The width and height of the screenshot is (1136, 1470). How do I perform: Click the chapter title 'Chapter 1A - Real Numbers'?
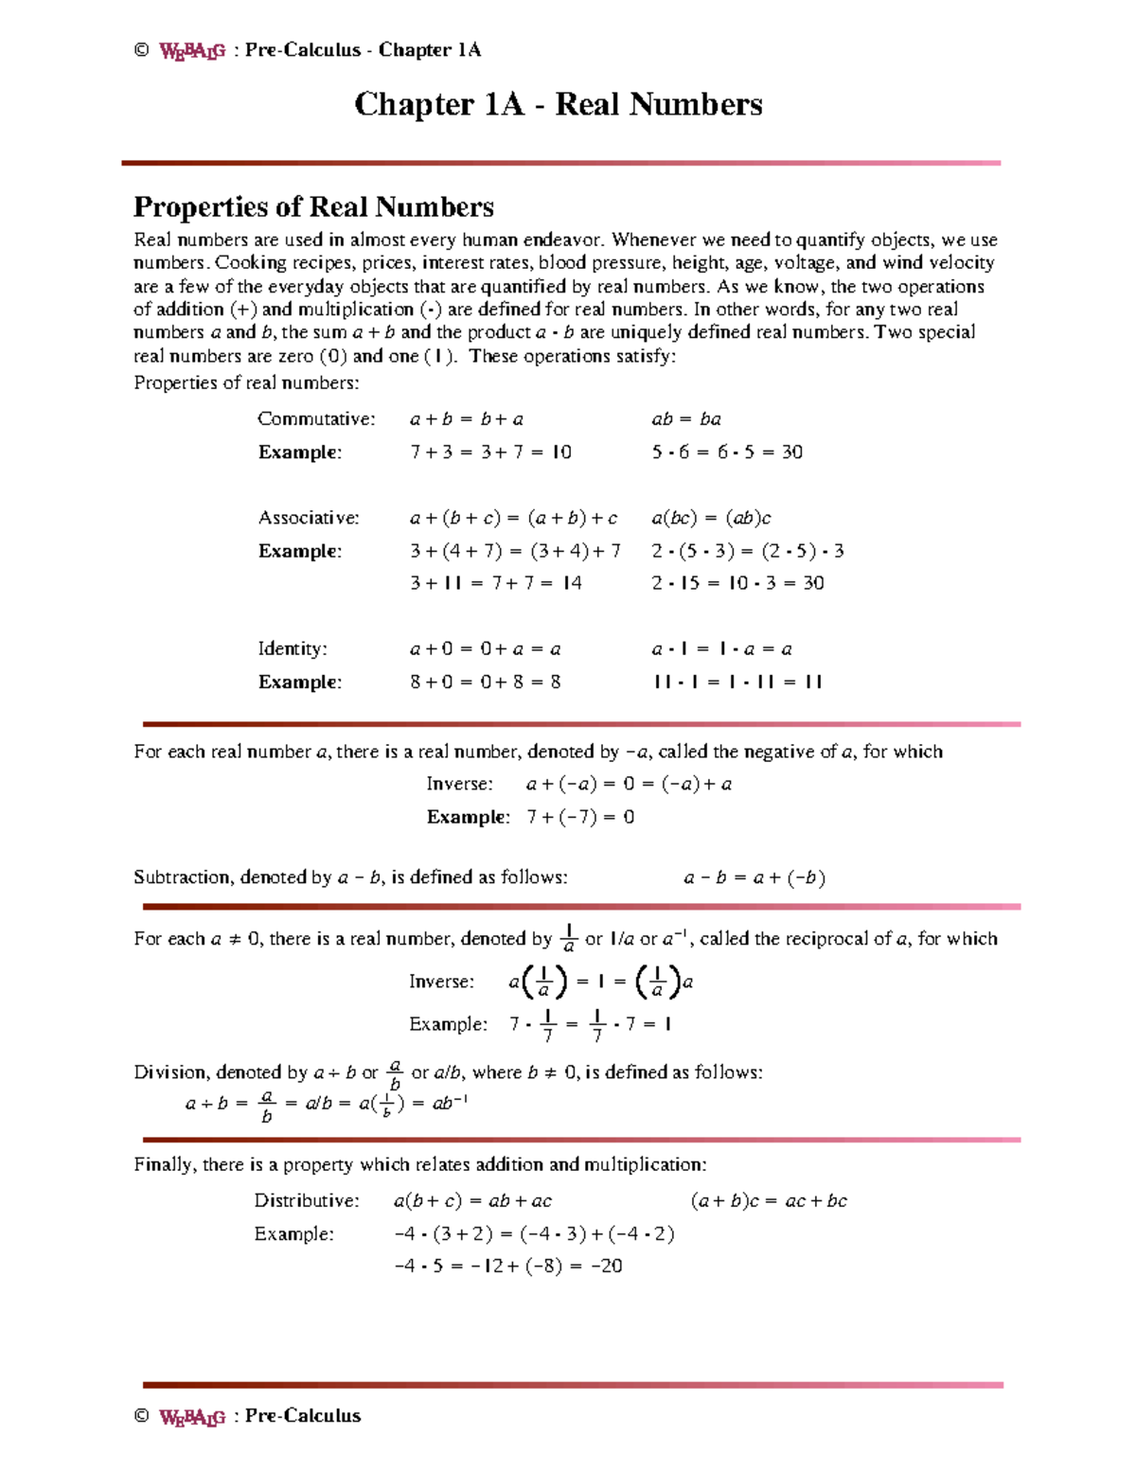click(x=558, y=104)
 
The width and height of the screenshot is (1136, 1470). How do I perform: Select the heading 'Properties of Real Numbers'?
click(x=313, y=206)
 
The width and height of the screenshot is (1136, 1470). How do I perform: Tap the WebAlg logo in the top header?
click(x=192, y=51)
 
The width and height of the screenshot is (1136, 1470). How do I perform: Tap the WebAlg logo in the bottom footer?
click(x=192, y=1417)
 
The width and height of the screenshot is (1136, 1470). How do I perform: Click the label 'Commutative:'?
click(x=316, y=418)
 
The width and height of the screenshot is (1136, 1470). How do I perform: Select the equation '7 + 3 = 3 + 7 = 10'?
click(x=490, y=452)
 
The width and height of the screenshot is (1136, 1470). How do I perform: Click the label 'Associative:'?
click(x=309, y=518)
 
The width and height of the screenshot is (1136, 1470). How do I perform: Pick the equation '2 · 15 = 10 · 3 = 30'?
click(x=737, y=583)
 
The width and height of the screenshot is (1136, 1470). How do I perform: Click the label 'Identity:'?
click(x=293, y=648)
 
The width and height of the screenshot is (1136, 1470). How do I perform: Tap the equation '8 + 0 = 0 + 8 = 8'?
click(x=485, y=682)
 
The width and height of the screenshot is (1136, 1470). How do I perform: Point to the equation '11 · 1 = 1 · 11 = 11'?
click(x=737, y=682)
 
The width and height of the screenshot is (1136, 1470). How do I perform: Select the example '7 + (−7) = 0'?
click(x=580, y=817)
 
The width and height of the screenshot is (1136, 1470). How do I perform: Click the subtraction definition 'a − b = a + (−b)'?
click(x=754, y=877)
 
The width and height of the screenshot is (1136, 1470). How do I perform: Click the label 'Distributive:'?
click(x=307, y=1200)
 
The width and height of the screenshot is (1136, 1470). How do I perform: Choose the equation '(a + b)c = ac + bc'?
click(x=769, y=1200)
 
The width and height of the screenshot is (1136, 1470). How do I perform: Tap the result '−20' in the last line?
click(x=606, y=1266)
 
